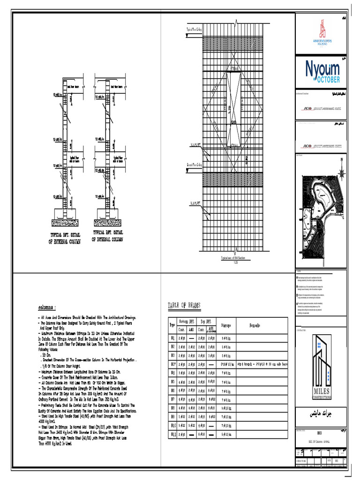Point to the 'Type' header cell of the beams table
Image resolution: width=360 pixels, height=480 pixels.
tap(172, 325)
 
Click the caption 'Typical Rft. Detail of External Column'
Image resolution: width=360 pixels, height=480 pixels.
tap(65, 238)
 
